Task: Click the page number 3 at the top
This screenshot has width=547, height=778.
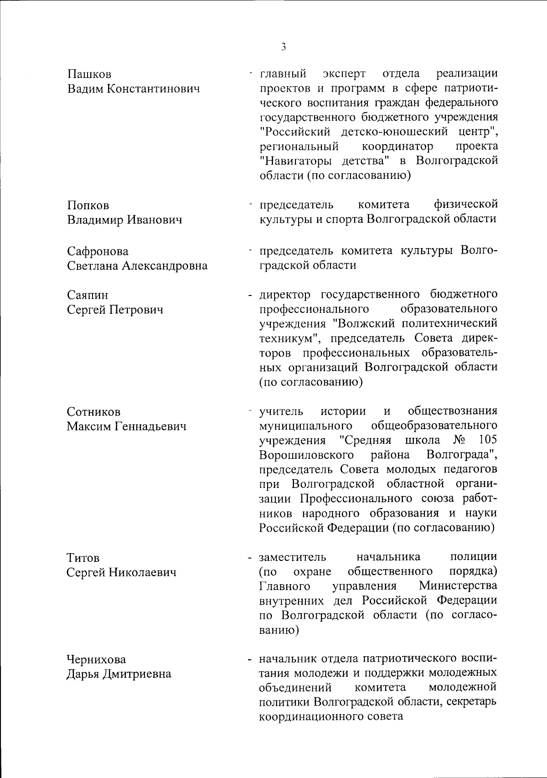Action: (284, 47)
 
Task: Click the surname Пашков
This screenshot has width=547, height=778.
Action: (89, 74)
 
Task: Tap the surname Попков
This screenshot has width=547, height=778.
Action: (88, 206)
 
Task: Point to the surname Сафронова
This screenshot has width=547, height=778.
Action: (98, 251)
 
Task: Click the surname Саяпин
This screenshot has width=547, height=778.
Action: (88, 295)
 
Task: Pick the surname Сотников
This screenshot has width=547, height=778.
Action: (93, 412)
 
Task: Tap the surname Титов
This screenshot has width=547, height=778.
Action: (83, 558)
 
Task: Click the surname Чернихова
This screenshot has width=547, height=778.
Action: (97, 659)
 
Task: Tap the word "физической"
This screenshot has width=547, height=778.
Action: (466, 204)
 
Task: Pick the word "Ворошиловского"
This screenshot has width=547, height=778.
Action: (306, 455)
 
